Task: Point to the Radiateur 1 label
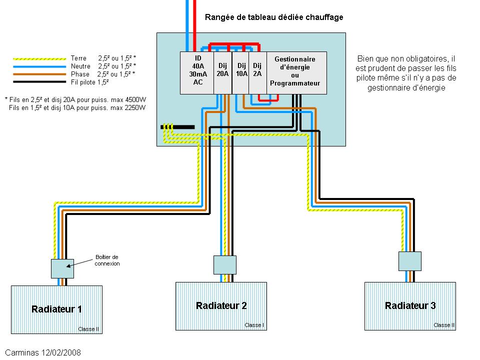[x=56, y=309]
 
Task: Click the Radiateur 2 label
[x=221, y=305]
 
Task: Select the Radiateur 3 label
[x=410, y=305]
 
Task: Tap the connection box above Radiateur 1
[x=62, y=269]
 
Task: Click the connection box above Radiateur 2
[x=224, y=265]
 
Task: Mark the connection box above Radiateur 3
[x=410, y=261]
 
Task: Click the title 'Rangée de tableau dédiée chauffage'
[x=274, y=17]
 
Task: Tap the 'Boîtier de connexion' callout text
[x=107, y=260]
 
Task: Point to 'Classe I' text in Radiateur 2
[x=254, y=325]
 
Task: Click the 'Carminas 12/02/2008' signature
[x=43, y=352]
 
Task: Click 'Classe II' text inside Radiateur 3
[x=444, y=325]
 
